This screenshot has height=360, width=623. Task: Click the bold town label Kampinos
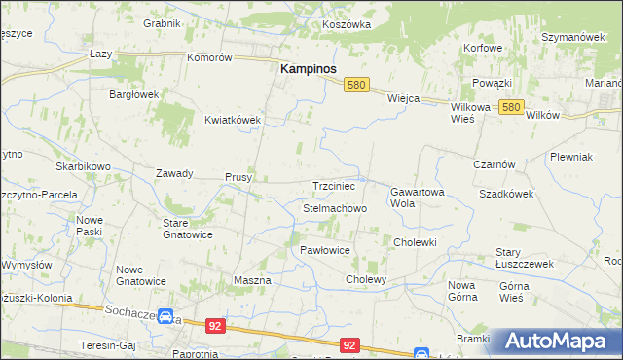[309, 70]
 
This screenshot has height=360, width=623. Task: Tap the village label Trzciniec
[338, 186]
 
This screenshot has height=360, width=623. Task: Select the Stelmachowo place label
[335, 209]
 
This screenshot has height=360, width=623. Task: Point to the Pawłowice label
[324, 250]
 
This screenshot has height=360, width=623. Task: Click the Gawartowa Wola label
[417, 198]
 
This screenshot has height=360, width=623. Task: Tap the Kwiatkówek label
[233, 120]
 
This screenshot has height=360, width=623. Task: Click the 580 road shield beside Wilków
[513, 107]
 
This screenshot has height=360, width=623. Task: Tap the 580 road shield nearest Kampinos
[356, 86]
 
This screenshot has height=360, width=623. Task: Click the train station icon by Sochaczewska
[166, 318]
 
